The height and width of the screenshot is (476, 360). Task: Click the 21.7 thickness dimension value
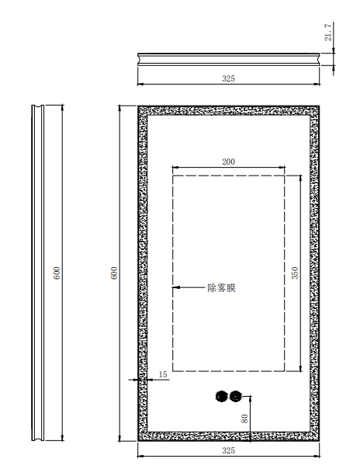[328, 32]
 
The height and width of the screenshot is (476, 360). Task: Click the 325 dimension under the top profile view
[228, 78]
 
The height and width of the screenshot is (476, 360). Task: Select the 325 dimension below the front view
[228, 450]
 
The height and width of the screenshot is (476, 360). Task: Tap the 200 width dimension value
[228, 162]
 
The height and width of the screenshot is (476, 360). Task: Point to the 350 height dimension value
[295, 273]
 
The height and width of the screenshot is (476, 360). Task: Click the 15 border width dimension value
[163, 374]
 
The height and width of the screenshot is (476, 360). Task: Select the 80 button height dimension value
[244, 419]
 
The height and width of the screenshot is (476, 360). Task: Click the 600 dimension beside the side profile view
[57, 273]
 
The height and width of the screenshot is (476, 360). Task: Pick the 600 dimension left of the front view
[114, 273]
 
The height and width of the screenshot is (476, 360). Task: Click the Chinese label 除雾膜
[221, 288]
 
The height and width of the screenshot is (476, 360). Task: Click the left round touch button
[221, 397]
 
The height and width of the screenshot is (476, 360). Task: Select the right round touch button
[236, 396]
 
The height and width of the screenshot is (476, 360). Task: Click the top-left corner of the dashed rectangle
[173, 175]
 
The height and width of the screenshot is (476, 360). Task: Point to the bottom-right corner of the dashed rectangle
[285, 371]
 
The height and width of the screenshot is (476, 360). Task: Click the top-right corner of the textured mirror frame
[319, 106]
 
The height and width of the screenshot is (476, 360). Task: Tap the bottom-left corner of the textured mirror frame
[138, 440]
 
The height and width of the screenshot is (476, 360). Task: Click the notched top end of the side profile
[38, 106]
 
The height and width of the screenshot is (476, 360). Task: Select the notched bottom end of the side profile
[38, 439]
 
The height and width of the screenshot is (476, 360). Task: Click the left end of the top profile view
[138, 59]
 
